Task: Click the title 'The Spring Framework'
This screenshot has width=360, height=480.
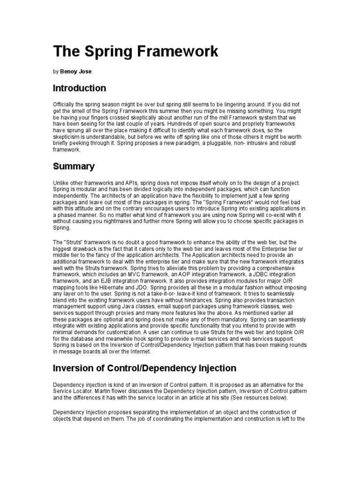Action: [136, 52]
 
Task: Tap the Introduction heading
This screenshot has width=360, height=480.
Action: [79, 88]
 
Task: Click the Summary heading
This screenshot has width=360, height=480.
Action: [74, 166]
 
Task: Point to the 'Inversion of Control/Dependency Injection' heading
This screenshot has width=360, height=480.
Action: [144, 368]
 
